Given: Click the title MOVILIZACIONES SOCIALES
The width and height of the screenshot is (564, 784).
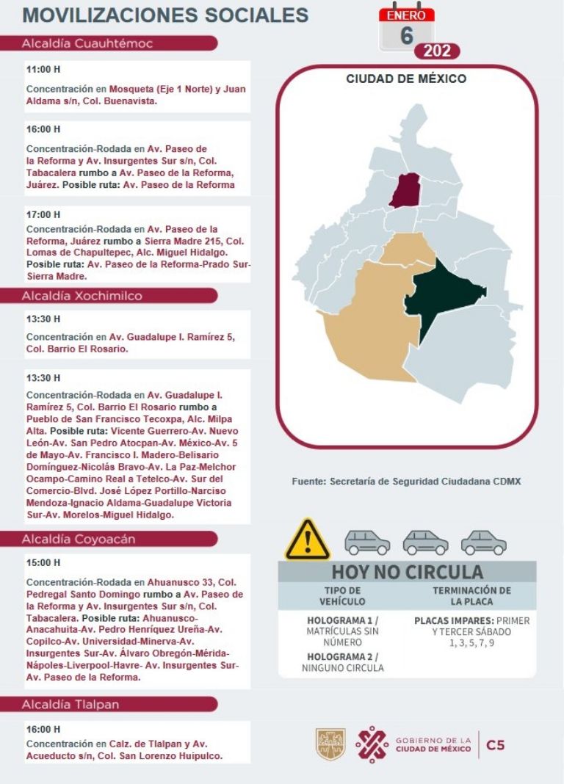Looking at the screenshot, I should tap(165, 15).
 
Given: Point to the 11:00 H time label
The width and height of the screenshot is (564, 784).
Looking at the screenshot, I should tap(43, 70).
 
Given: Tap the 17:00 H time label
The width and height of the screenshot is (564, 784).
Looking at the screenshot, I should tap(43, 214).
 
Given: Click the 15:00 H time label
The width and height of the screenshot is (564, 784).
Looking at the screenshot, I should tap(43, 563).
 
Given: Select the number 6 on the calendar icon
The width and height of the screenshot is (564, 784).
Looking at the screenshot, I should tap(407, 35).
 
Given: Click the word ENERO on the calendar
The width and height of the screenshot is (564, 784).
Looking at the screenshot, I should tap(407, 15).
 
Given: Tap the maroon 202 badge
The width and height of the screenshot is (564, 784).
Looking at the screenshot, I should tap(437, 51).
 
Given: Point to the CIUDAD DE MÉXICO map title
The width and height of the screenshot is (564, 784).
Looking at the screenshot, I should tap(406, 79).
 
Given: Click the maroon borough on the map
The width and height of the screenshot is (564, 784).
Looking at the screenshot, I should tap(402, 191).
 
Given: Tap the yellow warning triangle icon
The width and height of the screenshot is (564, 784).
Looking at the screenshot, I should tap(308, 540).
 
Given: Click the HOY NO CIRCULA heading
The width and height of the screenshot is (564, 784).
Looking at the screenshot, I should tap(407, 572).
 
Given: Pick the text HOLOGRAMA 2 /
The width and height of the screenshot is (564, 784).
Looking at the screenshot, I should tap(342, 656).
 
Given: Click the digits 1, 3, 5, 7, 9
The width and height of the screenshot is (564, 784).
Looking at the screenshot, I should tap(471, 643).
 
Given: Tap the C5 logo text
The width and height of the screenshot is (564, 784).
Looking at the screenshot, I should tap(496, 745).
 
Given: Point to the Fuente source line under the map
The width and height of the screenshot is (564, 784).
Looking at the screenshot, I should tap(406, 482).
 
